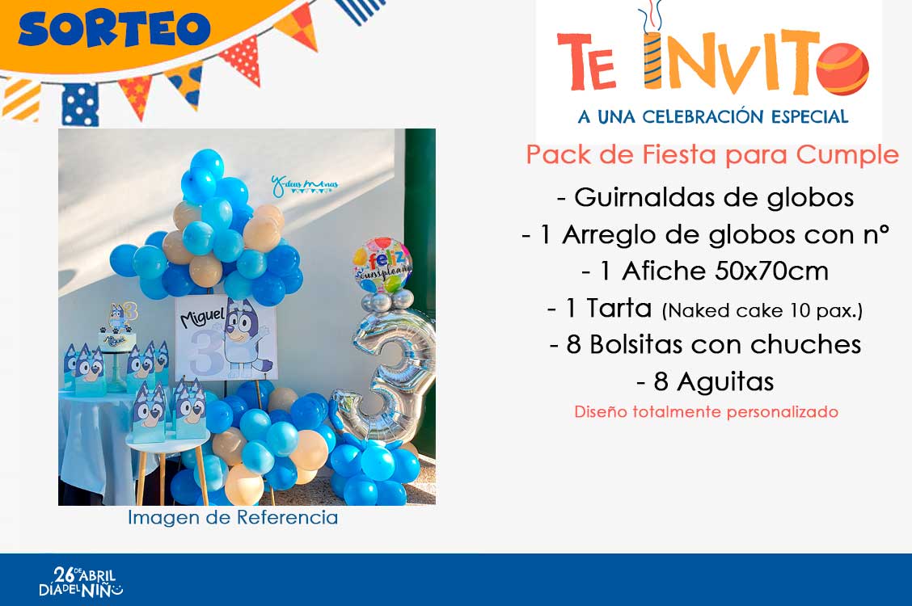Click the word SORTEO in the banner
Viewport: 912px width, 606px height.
114,28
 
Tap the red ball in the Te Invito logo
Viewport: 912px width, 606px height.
842,69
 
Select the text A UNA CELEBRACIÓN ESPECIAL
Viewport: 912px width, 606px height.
713,116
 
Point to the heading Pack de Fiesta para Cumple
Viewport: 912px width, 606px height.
712,154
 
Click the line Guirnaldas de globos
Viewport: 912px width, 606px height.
706,197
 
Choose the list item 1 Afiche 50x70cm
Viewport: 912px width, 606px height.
705,271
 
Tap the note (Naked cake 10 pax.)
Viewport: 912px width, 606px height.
762,311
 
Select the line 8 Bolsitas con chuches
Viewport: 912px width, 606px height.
705,344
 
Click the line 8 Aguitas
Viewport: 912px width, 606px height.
705,381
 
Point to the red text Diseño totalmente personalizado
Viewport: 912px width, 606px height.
706,412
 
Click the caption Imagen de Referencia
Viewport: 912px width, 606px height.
233,517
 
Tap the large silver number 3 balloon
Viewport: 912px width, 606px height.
386,381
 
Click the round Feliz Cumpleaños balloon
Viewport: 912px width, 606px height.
382,265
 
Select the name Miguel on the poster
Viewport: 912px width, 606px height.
202,316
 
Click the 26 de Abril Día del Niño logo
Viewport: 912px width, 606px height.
81,582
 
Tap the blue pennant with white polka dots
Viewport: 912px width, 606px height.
80,104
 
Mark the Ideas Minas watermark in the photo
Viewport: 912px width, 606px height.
304,184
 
